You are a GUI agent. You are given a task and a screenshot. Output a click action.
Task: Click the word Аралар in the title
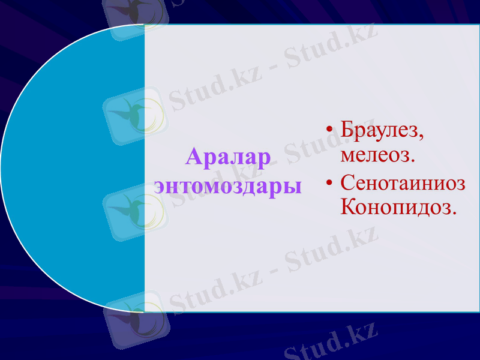click(x=228, y=157)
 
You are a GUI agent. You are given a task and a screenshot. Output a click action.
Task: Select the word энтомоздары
click(x=228, y=185)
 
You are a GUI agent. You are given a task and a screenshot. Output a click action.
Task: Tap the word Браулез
click(x=379, y=130)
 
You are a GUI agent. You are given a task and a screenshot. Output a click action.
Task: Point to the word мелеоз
click(x=375, y=155)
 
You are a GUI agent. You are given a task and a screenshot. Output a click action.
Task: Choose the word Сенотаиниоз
click(x=403, y=182)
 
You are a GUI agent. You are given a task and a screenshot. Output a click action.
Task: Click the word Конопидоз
click(x=396, y=207)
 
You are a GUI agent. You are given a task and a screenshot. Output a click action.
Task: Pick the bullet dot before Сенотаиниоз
click(x=328, y=182)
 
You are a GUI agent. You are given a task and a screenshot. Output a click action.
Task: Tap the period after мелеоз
click(x=413, y=161)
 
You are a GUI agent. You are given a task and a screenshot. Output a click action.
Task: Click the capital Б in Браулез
click(x=347, y=130)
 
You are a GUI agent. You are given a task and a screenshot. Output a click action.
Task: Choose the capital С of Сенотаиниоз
click(x=347, y=182)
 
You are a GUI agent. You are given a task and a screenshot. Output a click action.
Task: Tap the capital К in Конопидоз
click(x=349, y=207)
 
